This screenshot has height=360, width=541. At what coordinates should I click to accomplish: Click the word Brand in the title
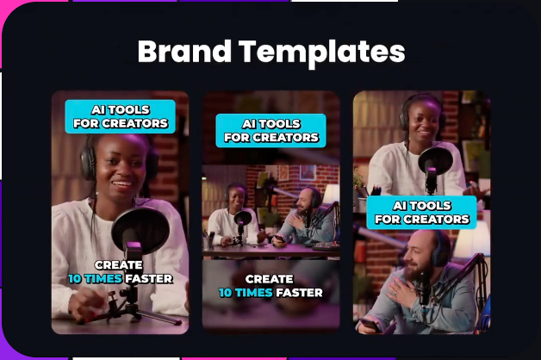[184, 51]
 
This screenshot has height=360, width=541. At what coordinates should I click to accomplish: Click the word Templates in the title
[322, 53]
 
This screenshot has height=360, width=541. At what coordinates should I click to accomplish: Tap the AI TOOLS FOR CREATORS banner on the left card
[120, 116]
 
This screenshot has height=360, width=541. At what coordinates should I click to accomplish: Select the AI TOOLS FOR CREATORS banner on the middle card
[270, 131]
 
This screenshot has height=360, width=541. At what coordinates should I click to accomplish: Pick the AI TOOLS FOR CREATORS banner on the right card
[421, 213]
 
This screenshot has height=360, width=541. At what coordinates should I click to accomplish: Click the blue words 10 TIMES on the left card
[95, 279]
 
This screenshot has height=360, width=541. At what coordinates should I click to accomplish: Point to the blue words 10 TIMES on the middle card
[246, 293]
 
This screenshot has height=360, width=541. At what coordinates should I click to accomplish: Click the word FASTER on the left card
[149, 279]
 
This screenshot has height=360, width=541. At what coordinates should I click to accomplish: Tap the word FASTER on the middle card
[299, 293]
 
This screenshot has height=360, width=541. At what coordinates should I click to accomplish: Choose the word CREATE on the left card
[119, 264]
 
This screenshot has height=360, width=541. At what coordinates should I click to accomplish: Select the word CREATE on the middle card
[270, 279]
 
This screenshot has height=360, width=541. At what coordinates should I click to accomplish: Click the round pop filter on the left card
[140, 230]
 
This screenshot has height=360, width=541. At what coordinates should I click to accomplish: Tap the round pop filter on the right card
[435, 161]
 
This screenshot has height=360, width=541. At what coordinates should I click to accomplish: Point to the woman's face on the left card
[119, 169]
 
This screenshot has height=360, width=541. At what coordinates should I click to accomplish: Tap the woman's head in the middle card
[236, 196]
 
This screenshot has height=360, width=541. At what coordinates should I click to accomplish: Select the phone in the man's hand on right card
[370, 326]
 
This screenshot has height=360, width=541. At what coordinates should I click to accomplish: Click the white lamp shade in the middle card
[330, 193]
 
